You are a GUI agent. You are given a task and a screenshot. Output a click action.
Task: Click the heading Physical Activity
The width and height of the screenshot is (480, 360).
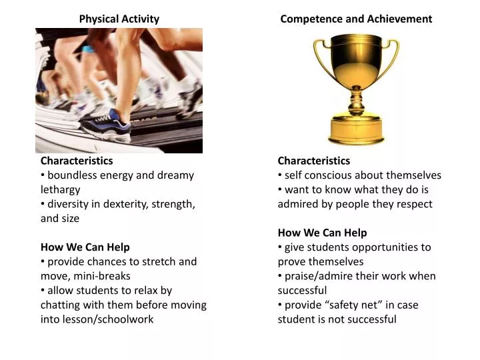coord(119,19)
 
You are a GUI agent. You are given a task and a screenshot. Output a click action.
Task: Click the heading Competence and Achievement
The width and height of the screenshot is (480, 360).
coord(356,19)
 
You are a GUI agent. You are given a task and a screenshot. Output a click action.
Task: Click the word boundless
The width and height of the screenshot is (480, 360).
coord(73,175)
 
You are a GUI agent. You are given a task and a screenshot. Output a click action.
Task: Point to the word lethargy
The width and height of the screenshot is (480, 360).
coord(60,189)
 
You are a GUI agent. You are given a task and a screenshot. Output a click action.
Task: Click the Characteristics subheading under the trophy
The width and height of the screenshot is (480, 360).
coord(313,161)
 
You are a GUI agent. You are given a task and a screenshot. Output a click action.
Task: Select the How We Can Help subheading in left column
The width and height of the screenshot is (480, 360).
coord(85,247)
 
